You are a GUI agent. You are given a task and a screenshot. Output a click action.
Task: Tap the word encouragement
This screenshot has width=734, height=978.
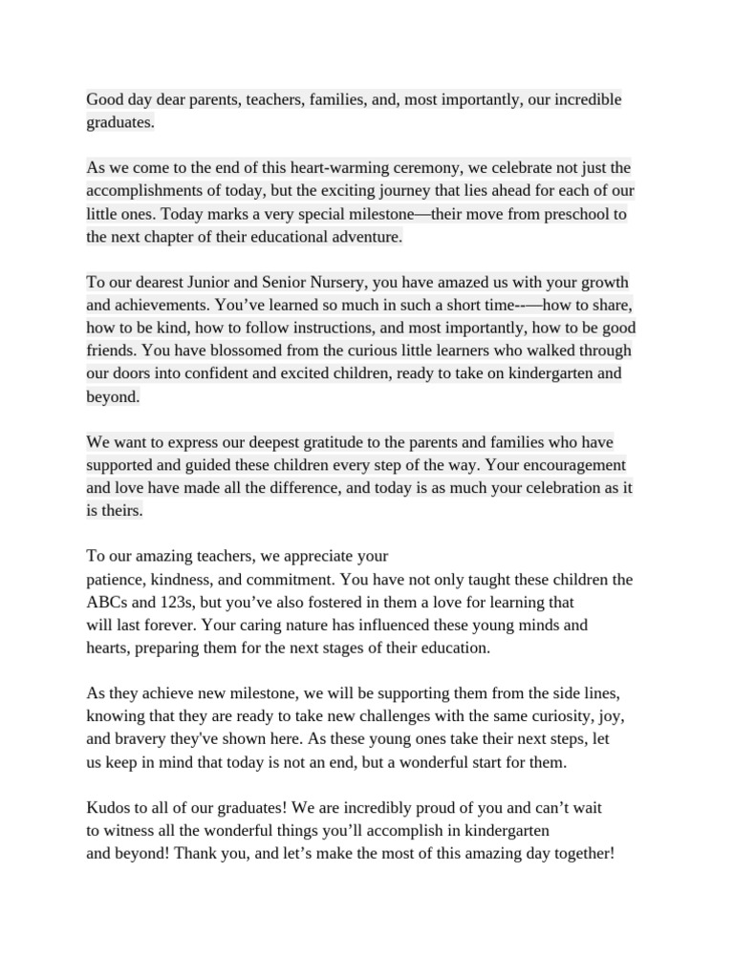click(x=561, y=466)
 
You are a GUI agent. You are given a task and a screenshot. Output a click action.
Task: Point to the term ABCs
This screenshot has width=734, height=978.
click(x=107, y=604)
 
